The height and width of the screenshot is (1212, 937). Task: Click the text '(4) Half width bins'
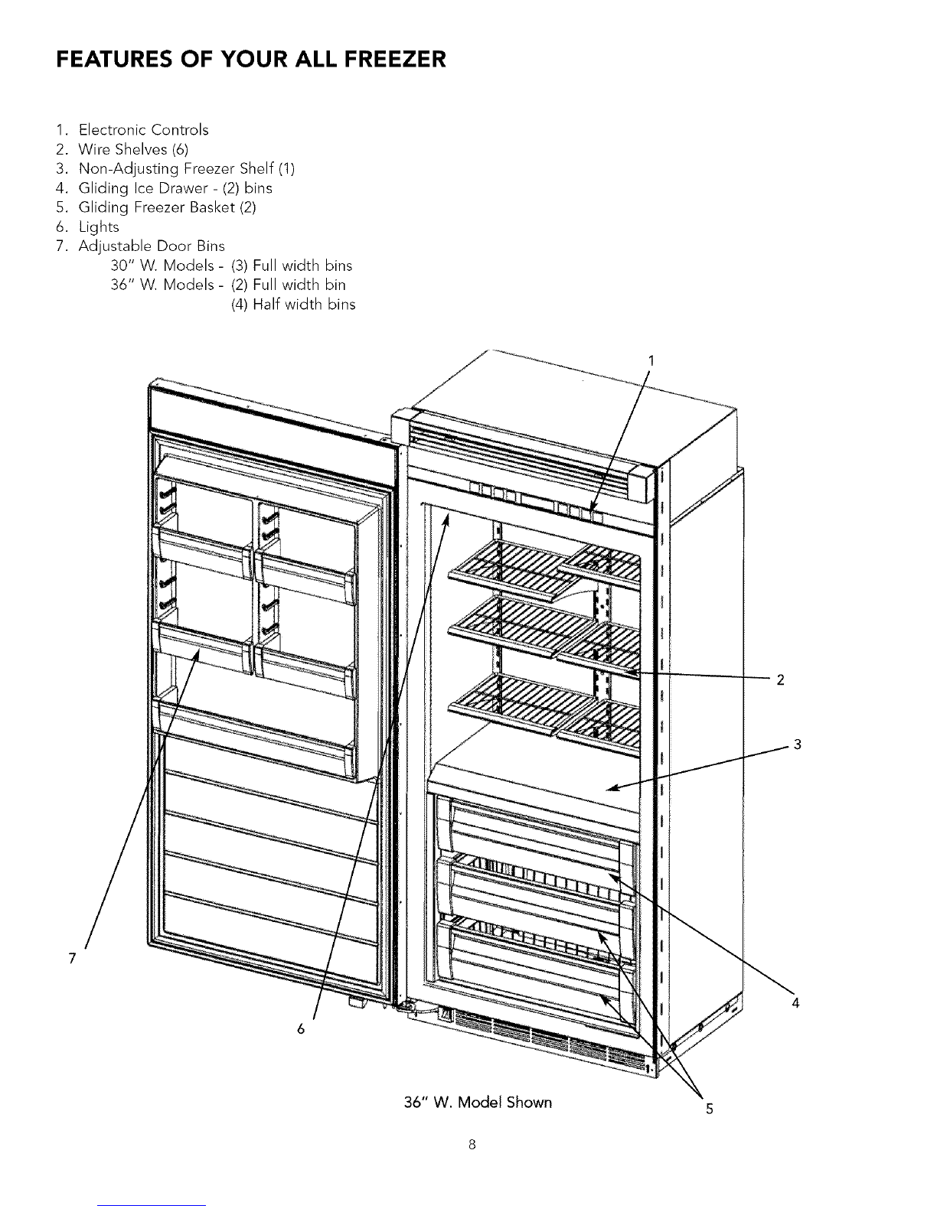point(293,305)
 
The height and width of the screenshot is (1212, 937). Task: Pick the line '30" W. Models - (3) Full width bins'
point(232,266)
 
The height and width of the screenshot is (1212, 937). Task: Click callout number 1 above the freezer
point(651,361)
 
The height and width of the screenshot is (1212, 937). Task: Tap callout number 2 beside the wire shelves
point(780,679)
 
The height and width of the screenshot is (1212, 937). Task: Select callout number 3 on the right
point(798,744)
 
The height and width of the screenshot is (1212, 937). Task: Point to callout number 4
point(796,1003)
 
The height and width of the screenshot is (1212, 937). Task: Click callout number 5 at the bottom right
point(710,1109)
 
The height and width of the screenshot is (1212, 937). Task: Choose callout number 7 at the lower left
point(72,959)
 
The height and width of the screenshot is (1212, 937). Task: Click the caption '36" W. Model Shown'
point(478,1103)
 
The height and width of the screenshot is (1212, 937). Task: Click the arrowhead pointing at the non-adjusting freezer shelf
point(612,788)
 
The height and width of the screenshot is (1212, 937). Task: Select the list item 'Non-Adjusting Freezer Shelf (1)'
point(186,168)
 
